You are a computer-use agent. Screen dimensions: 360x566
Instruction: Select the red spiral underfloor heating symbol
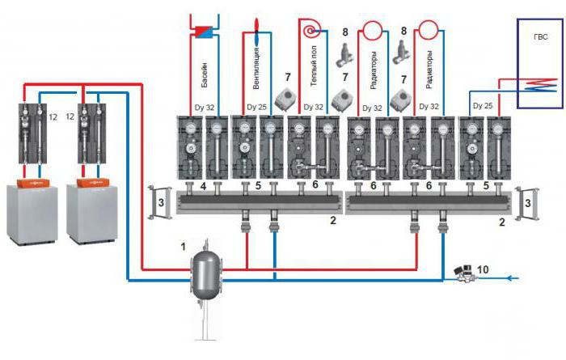(x=311, y=32)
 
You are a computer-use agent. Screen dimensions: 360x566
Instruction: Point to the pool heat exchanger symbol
(x=200, y=32)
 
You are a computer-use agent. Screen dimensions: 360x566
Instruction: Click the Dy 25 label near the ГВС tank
(x=483, y=106)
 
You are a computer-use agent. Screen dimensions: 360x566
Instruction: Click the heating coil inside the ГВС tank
(x=540, y=84)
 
